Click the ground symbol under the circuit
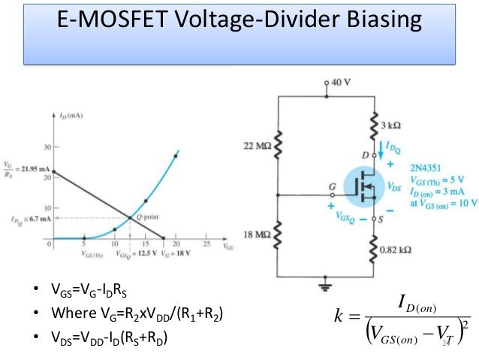327,285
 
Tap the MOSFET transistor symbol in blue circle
365,188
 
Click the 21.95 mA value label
30,166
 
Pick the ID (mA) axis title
71,116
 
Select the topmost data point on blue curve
175,156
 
